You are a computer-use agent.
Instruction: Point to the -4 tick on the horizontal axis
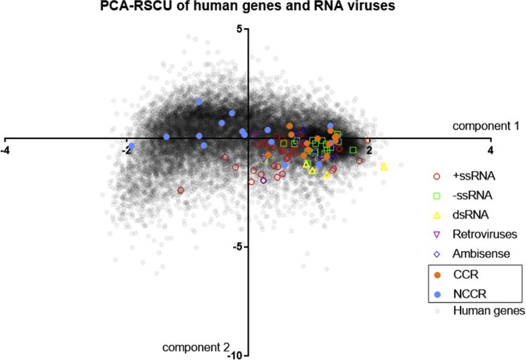pos(6,150)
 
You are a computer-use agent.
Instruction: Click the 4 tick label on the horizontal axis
pos(491,150)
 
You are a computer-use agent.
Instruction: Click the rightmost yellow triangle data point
pos(384,166)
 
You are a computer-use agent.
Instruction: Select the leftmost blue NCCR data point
pos(132,146)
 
